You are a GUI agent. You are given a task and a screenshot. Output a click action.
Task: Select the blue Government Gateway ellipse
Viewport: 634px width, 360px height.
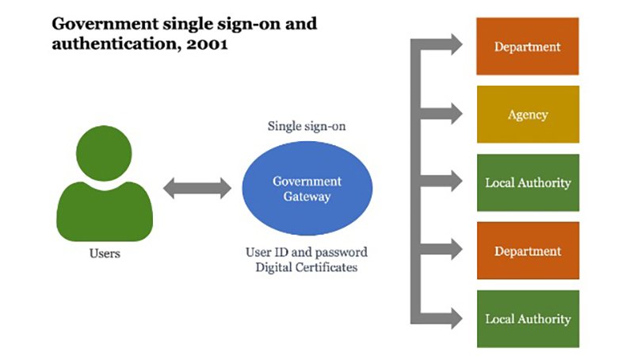point(307,189)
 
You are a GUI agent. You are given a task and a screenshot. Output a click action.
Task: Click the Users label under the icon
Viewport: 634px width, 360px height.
point(105,255)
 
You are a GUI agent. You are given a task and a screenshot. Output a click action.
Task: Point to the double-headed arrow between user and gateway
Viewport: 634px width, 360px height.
point(197,189)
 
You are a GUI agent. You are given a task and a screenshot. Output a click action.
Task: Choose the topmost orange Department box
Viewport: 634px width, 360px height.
point(527,46)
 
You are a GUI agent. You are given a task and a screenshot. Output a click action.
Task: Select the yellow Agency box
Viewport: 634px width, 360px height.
point(527,114)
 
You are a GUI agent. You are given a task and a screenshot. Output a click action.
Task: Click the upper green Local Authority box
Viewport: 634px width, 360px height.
point(527,182)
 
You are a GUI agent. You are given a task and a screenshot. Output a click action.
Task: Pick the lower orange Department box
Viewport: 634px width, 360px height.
point(527,251)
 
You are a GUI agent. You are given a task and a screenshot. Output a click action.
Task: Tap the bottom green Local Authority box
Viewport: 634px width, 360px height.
point(527,319)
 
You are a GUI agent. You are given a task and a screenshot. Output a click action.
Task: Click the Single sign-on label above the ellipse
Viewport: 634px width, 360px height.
point(307,126)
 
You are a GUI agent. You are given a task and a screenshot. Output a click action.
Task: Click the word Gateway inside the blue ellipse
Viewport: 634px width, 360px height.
point(307,196)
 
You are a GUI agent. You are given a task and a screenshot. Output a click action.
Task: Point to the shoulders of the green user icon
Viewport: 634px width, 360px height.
point(105,210)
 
